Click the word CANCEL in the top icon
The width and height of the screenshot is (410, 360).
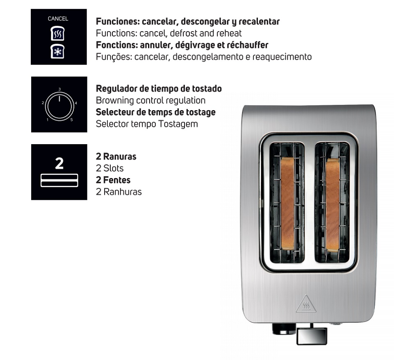pos(58,18)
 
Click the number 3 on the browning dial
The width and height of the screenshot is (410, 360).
pos(59,89)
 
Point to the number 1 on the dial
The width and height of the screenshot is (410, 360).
pos(48,120)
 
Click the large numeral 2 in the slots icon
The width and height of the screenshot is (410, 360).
pos(59,163)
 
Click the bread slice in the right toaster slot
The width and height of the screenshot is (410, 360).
pos(333,204)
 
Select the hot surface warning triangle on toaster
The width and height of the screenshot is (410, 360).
pos(306,304)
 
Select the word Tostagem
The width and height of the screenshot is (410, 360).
pos(180,123)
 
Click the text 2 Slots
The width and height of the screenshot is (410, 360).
pos(109,168)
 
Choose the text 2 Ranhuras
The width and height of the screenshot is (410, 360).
pos(118,191)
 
